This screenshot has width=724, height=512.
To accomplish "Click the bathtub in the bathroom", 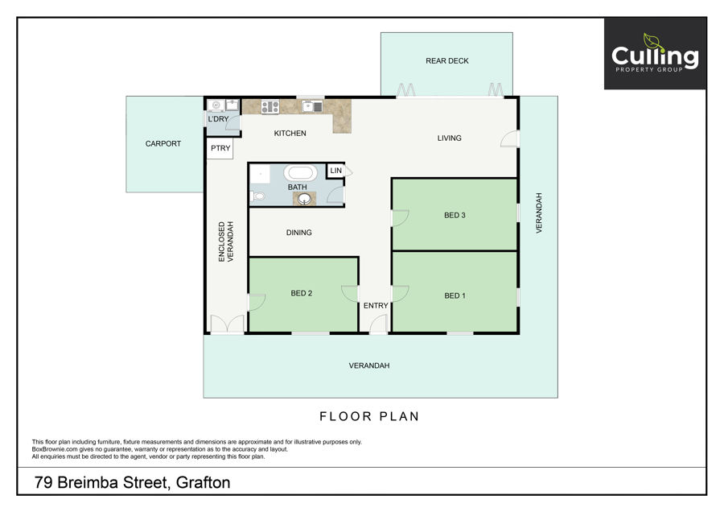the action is point(300,173).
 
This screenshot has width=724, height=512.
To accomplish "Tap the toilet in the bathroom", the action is point(257,197).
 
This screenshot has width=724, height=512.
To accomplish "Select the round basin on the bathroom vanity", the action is point(304,199).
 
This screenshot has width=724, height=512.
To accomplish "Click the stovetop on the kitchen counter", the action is point(270,107).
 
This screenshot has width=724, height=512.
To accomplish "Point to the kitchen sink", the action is point(313,107).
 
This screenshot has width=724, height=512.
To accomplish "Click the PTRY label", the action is point(220,148).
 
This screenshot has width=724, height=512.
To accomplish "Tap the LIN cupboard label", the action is point(335,171).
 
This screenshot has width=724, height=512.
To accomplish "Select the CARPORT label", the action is point(163,144).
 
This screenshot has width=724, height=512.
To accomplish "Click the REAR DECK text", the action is point(447,61).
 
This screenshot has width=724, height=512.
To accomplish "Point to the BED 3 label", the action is point(455,215).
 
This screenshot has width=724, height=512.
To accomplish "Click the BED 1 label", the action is point(455,295).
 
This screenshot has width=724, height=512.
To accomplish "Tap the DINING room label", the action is point(298,233).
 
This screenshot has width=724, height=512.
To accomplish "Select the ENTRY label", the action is point(376,305).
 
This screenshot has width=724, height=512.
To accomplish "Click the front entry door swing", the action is point(379,323).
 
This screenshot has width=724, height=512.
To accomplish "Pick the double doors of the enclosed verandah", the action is point(227,324).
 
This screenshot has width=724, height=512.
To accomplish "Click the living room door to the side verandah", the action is point(510,139).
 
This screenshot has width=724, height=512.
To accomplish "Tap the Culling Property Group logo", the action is point(655,54).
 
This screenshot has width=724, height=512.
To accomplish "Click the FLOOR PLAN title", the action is point(369,416).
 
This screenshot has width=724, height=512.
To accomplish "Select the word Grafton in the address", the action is point(204,482).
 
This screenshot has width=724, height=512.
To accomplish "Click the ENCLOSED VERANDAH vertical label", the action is point(226,242).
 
